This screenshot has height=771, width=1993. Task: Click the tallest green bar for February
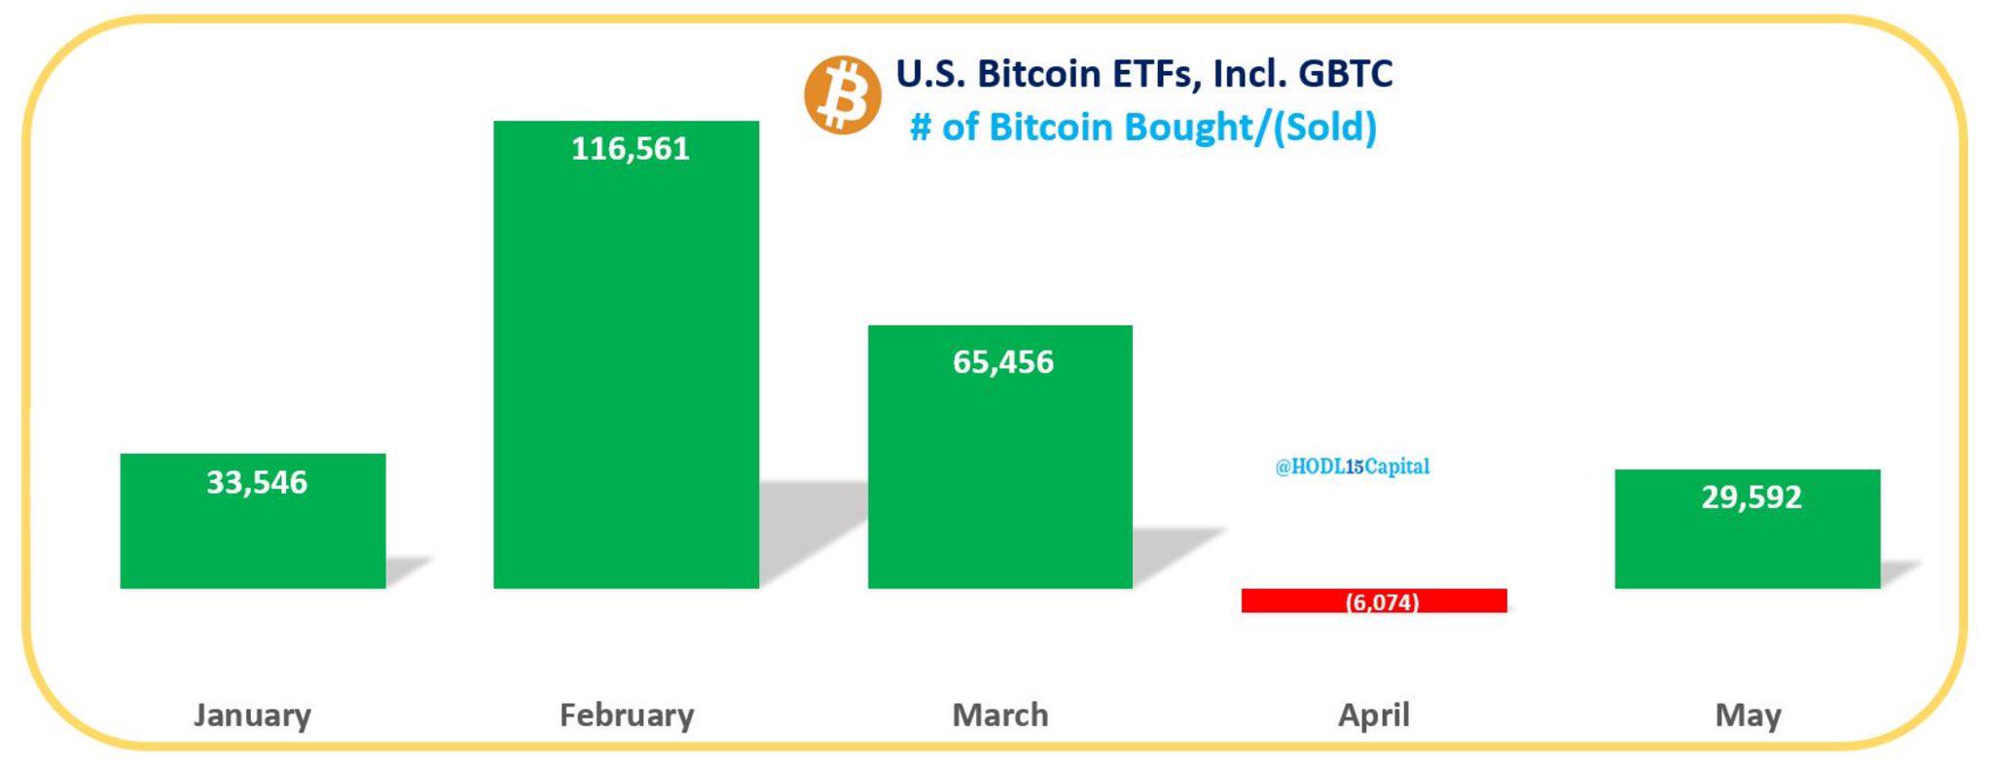(626, 370)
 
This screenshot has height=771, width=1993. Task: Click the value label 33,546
(257, 482)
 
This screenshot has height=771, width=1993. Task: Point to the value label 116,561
(630, 148)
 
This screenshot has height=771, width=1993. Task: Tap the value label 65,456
(1002, 362)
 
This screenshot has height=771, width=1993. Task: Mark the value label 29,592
(1752, 497)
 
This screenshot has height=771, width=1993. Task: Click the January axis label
(252, 716)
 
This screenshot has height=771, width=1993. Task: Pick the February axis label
(627, 716)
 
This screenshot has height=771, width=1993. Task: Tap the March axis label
(1000, 716)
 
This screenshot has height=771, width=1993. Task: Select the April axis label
(1373, 716)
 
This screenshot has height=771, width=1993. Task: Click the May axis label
(1748, 716)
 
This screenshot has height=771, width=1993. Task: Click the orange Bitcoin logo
(843, 94)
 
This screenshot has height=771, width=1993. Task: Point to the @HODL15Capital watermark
(1352, 466)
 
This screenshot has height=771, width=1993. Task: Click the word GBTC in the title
(1345, 74)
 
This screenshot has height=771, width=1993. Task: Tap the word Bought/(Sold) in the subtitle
(1253, 128)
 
